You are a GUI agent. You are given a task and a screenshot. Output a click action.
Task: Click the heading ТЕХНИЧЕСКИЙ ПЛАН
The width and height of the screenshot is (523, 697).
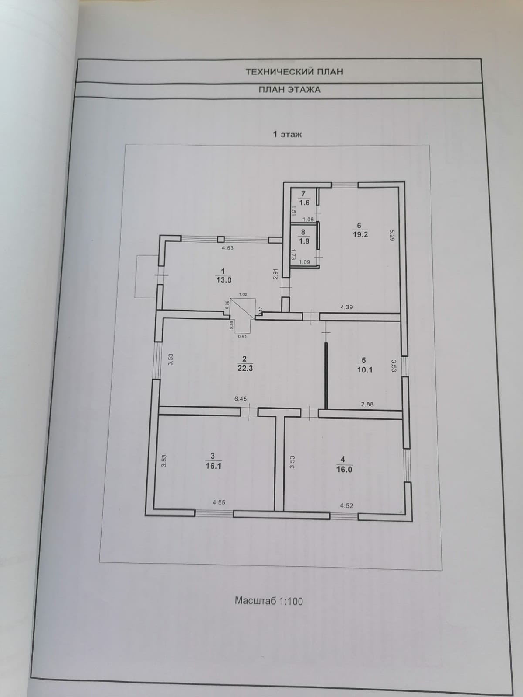click(294, 71)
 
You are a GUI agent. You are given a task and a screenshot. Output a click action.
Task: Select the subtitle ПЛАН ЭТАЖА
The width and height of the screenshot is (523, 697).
click(289, 90)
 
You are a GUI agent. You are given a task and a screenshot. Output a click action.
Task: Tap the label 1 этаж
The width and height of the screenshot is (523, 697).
click(287, 134)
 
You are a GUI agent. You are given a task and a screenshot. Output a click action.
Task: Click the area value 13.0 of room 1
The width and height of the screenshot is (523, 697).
click(224, 281)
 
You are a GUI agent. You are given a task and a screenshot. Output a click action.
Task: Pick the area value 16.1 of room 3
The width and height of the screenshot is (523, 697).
click(213, 466)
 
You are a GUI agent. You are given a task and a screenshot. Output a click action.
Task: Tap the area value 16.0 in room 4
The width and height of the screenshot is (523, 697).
click(344, 470)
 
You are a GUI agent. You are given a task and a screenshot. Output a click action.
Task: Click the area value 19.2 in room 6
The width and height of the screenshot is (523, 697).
click(360, 234)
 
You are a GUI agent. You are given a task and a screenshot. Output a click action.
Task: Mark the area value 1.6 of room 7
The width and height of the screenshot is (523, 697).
click(304, 202)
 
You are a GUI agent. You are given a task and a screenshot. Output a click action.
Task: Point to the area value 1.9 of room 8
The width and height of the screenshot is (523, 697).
click(304, 241)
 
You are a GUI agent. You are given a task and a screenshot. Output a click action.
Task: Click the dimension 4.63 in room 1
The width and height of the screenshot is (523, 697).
click(228, 248)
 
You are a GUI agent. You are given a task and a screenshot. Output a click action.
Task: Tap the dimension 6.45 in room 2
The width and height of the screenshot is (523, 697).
click(241, 399)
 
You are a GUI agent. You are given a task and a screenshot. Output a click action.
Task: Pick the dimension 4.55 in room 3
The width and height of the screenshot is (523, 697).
click(219, 502)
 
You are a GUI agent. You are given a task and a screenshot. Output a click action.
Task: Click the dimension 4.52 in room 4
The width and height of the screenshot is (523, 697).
click(346, 506)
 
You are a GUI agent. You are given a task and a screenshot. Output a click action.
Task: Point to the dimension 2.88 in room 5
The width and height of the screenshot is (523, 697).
click(367, 404)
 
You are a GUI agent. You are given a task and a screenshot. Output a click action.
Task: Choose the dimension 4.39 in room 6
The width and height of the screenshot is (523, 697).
click(346, 307)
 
